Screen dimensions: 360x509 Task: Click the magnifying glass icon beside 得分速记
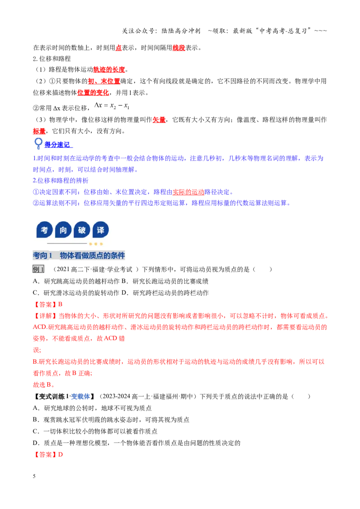click(38, 143)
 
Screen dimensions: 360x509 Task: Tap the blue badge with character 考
click(45, 230)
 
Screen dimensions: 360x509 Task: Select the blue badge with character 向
click(63, 230)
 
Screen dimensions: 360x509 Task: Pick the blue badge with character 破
click(82, 230)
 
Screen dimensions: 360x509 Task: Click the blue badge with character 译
click(100, 230)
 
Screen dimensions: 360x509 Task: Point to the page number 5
click(34, 476)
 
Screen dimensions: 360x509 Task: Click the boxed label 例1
click(38, 269)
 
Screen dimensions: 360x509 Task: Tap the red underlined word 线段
click(179, 48)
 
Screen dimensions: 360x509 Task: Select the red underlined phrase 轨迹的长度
click(109, 69)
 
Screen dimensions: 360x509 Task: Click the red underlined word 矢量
click(159, 120)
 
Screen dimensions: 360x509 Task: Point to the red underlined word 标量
click(39, 131)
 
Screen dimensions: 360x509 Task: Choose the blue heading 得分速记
click(58, 145)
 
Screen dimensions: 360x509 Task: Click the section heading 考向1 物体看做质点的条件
click(79, 255)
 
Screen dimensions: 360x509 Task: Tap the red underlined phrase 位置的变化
click(93, 93)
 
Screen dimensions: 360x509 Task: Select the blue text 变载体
click(80, 396)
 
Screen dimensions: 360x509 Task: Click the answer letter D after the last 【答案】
click(60, 455)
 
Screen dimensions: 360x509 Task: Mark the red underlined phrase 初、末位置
click(104, 81)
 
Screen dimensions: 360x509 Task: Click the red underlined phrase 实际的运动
click(189, 192)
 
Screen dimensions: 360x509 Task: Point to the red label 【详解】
click(45, 316)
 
